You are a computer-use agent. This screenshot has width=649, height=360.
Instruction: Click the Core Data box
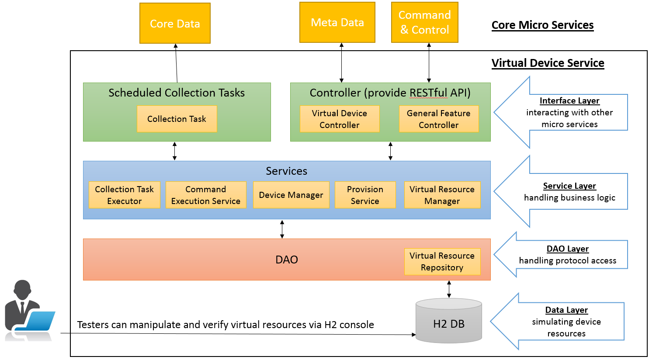[x=175, y=23]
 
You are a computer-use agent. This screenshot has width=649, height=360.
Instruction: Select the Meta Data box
[x=337, y=22]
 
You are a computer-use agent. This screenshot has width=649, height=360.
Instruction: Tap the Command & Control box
[x=424, y=22]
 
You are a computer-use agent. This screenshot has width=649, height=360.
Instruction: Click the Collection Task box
[x=177, y=119]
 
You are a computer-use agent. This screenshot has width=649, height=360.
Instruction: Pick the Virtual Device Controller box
[x=339, y=119]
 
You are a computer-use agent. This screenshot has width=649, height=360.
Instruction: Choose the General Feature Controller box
[x=438, y=119]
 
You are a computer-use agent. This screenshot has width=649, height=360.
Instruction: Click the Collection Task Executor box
[x=124, y=195]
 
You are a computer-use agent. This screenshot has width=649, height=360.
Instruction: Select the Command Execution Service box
[x=205, y=195]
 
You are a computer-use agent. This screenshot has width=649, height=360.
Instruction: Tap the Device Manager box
[x=291, y=195]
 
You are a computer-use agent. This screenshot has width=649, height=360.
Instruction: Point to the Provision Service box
[x=365, y=195]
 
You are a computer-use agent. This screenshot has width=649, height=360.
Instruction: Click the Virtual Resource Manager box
[x=442, y=195]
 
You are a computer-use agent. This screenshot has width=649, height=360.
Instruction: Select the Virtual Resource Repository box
[x=442, y=261]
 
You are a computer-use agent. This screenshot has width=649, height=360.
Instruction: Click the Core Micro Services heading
[x=542, y=25]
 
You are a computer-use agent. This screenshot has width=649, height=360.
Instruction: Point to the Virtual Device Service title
[x=548, y=63]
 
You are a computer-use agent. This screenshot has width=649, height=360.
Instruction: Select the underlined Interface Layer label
[x=569, y=100]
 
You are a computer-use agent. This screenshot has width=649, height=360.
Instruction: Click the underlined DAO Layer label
[x=567, y=249]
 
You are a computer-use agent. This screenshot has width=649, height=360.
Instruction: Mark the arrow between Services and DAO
[x=282, y=229]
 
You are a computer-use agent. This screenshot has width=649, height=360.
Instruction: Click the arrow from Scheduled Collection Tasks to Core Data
[x=176, y=63]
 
